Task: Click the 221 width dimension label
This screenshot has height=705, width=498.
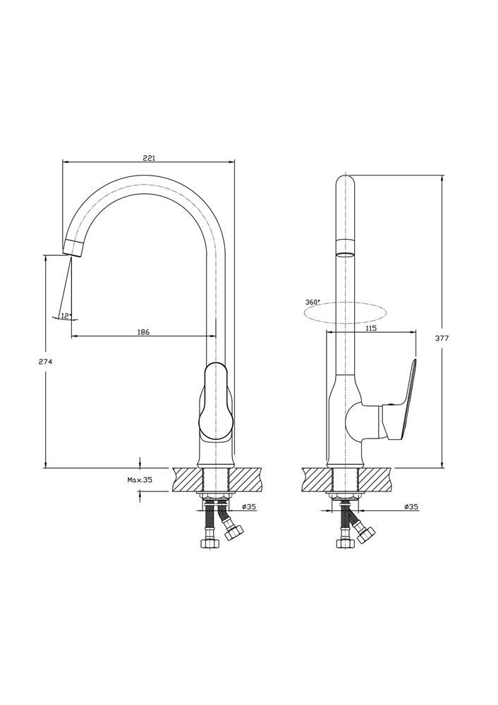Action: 149,157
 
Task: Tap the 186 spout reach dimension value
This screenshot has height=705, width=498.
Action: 143,332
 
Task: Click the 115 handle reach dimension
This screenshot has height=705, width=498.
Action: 371,329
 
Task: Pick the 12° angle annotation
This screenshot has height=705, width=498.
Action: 66,316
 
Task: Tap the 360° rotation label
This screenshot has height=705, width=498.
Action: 312,302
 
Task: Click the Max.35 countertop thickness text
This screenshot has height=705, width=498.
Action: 140,479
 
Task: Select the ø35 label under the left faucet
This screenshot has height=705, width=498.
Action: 249,506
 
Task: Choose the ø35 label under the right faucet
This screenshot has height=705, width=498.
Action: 411,506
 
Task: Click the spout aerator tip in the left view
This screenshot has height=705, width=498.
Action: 73,247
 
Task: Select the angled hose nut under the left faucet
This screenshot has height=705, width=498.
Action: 233,533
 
